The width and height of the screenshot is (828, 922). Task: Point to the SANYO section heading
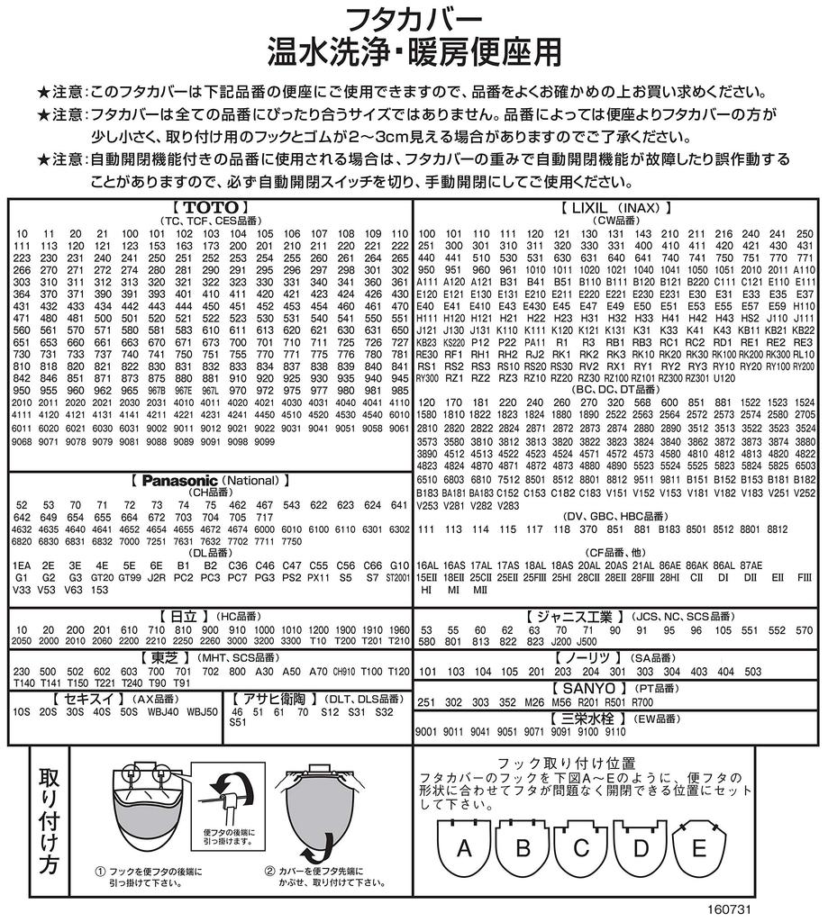coord(615,687)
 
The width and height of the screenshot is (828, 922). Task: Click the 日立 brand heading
coord(184,616)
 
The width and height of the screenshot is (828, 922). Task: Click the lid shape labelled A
coord(464,848)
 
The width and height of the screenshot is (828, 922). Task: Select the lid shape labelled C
coord(581,848)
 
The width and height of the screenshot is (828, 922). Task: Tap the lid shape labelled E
coord(698,848)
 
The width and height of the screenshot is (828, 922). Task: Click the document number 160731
coord(729,909)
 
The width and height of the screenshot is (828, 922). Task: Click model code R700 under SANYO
coord(642,701)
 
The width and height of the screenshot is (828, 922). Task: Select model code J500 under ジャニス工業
coord(586,642)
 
